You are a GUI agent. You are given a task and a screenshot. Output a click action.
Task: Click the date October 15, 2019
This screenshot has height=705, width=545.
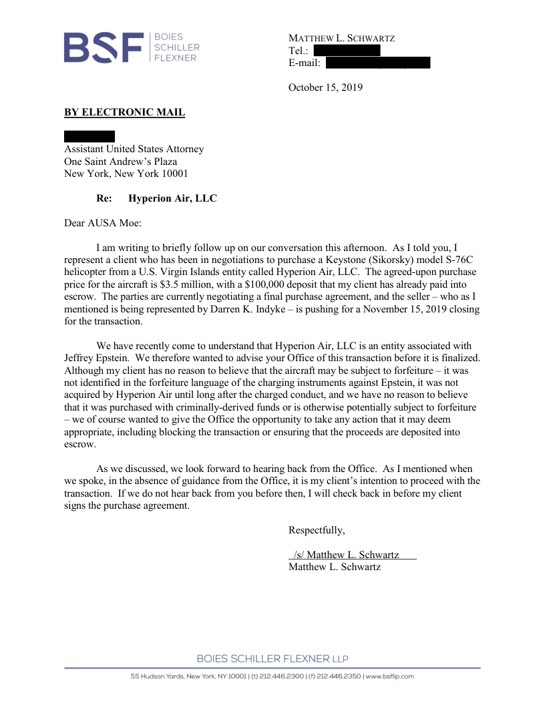click(325, 87)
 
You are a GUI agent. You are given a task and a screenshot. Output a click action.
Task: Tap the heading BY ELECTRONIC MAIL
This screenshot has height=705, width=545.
click(124, 112)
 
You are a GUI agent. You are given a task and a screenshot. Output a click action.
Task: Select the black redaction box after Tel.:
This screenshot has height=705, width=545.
click(347, 50)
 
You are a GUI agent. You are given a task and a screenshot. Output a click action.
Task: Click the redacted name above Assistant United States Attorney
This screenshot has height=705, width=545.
click(89, 136)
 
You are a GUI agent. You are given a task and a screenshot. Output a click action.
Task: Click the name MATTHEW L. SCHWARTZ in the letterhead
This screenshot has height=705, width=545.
click(341, 38)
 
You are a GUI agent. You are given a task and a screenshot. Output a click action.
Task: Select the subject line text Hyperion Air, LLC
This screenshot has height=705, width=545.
click(172, 198)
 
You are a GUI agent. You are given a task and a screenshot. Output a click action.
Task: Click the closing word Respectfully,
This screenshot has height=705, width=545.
click(317, 530)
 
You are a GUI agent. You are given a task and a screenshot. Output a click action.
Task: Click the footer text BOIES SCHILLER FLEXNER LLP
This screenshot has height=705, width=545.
click(272, 659)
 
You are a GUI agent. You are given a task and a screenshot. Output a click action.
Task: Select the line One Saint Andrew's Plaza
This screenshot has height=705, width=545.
click(120, 162)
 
